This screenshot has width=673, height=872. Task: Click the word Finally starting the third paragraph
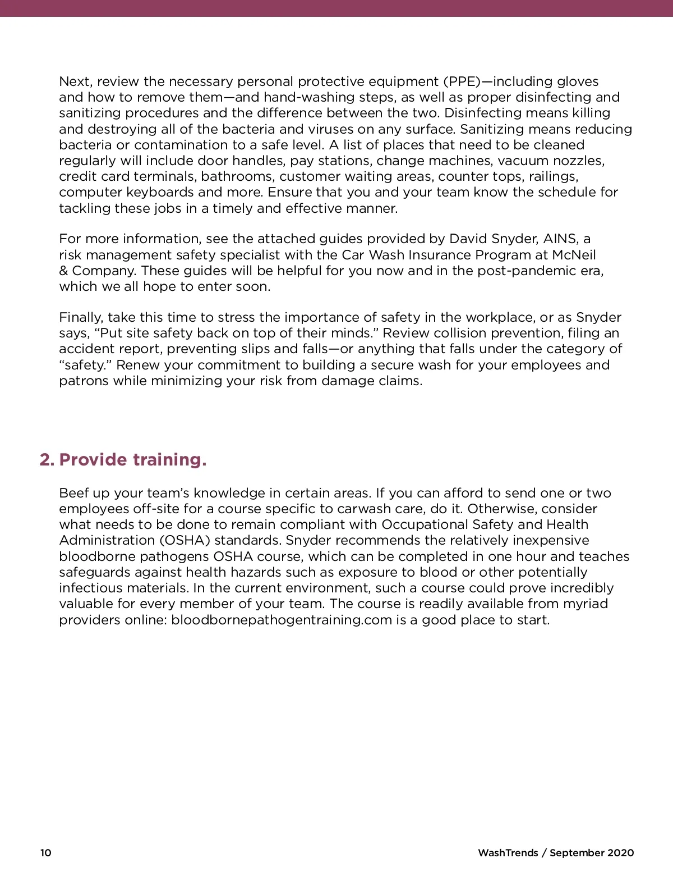coord(81,318)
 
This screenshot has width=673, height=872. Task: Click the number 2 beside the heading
coord(45,460)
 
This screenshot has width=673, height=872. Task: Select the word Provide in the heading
coord(93,460)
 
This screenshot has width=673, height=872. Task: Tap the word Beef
coord(75,494)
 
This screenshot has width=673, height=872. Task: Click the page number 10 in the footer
coord(45,853)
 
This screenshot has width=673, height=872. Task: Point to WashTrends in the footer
coord(508,853)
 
